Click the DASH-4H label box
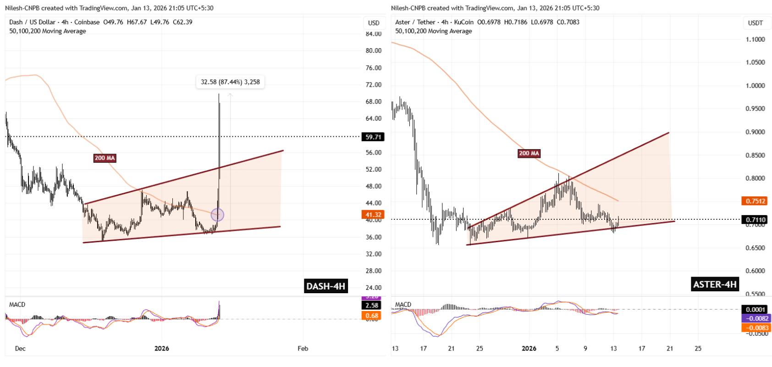click(x=325, y=286)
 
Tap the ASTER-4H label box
click(x=715, y=284)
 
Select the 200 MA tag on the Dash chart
click(x=105, y=158)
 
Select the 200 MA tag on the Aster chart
click(x=529, y=154)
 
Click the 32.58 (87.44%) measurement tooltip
click(x=230, y=82)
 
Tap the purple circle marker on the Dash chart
click(x=217, y=214)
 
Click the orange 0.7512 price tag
click(x=753, y=201)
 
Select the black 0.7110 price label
click(x=753, y=220)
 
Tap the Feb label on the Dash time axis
click(x=303, y=349)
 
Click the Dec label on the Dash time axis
click(x=20, y=349)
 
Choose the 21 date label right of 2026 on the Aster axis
click(x=670, y=349)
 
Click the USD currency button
click(x=374, y=23)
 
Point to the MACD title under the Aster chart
click(x=403, y=305)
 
